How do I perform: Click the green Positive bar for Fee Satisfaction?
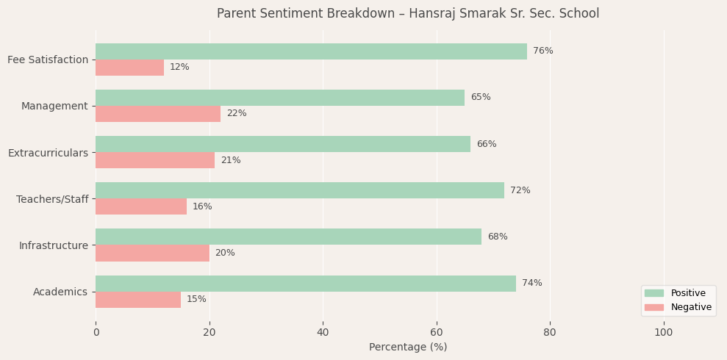(311, 51)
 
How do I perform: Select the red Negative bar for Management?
(158, 114)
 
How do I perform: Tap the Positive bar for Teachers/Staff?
(300, 190)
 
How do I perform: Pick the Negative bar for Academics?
(138, 300)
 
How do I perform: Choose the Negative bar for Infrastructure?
(152, 253)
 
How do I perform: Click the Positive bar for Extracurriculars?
(283, 144)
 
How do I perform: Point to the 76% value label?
(542, 51)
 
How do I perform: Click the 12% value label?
(179, 68)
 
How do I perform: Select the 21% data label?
(231, 160)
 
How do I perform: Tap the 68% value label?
(497, 237)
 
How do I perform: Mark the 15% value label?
(196, 300)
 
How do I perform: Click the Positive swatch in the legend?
(653, 293)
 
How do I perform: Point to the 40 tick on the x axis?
(323, 333)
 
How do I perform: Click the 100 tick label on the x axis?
(664, 333)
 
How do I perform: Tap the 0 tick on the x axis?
(96, 333)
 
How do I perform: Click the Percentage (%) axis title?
(408, 348)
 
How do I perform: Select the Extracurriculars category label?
(48, 153)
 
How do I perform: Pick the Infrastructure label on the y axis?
(53, 245)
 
